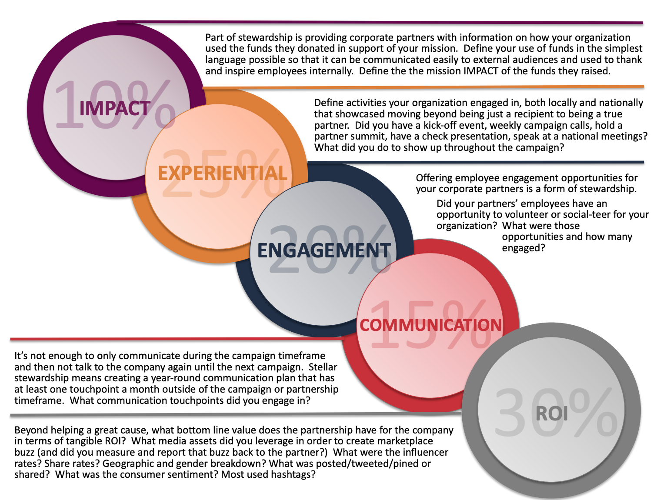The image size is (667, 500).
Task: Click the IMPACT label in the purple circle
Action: click(115, 109)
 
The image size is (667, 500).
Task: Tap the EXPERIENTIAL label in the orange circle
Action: click(222, 173)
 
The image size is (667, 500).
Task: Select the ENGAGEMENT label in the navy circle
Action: click(324, 251)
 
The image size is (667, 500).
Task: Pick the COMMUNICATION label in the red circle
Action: click(430, 325)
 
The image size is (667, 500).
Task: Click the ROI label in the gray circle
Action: click(552, 413)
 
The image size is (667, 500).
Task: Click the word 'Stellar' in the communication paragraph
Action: click(323, 367)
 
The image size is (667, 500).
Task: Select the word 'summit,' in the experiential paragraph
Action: click(370, 137)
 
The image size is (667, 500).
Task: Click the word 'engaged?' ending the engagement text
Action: click(523, 248)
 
